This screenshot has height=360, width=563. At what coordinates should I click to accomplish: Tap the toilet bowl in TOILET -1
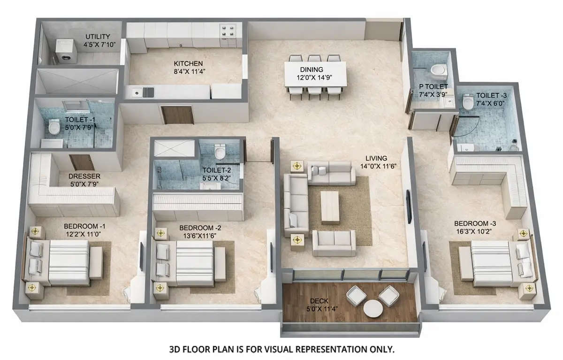[x=54, y=127]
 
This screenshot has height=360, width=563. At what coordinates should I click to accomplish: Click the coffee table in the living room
[x=330, y=206]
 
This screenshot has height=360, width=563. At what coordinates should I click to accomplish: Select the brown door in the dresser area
[x=79, y=162]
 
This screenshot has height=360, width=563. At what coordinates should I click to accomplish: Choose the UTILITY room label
[x=98, y=37]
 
